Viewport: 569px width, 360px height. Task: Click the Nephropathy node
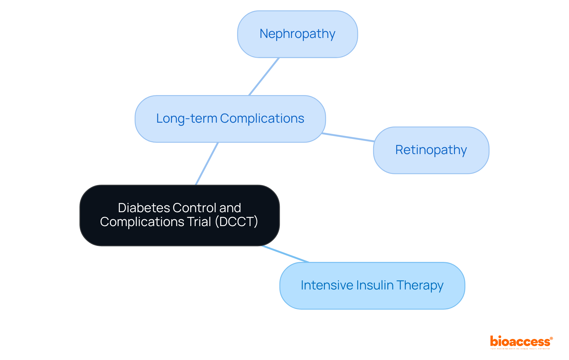tap(297, 34)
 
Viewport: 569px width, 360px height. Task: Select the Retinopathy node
tap(431, 150)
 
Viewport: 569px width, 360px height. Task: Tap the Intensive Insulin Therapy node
tap(372, 285)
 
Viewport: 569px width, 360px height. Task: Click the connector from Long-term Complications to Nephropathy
tap(264, 76)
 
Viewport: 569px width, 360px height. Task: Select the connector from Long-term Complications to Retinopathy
tap(348, 137)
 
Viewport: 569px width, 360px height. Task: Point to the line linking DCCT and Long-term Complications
tap(207, 164)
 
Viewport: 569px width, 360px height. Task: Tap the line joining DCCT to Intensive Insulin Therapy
tap(285, 254)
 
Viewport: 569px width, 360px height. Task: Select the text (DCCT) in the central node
tap(236, 222)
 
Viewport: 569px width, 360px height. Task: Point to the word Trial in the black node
tap(199, 222)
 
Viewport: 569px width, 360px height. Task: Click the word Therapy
tap(420, 286)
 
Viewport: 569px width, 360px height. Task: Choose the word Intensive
tap(327, 285)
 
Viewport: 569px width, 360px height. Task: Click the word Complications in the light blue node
tap(262, 119)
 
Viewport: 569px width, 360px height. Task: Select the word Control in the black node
tap(196, 208)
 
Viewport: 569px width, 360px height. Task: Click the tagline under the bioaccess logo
tap(520, 349)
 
